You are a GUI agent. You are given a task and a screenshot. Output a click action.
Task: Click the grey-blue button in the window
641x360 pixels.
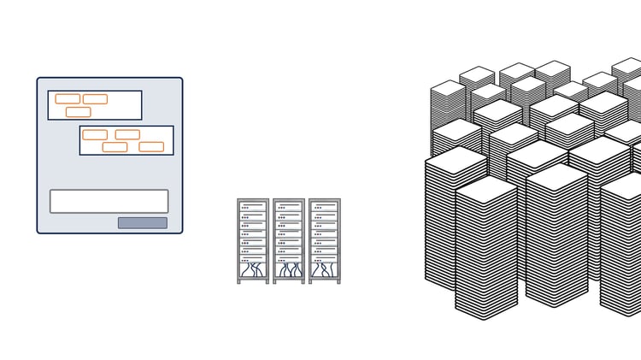click(143, 223)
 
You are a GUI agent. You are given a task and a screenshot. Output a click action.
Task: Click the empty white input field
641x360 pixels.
click(109, 201)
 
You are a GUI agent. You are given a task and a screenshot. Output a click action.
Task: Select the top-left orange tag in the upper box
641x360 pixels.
click(68, 99)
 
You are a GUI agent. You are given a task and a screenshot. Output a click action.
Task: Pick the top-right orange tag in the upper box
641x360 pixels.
click(95, 99)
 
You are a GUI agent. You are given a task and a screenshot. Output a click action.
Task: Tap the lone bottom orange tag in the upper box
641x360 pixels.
click(78, 112)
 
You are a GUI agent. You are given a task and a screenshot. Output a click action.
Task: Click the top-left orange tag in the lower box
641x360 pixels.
click(95, 134)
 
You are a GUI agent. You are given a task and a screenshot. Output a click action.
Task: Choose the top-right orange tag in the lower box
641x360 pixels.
click(127, 134)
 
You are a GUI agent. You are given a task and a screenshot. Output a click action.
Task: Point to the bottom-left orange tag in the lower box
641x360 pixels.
click(115, 147)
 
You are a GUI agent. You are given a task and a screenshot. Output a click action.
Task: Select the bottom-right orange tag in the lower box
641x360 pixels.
click(151, 147)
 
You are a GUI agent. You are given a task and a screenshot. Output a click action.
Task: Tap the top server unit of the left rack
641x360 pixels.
click(253, 207)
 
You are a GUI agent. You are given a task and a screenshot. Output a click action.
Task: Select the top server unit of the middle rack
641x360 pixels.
click(289, 207)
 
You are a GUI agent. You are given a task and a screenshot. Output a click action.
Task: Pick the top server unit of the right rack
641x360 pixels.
click(325, 207)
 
